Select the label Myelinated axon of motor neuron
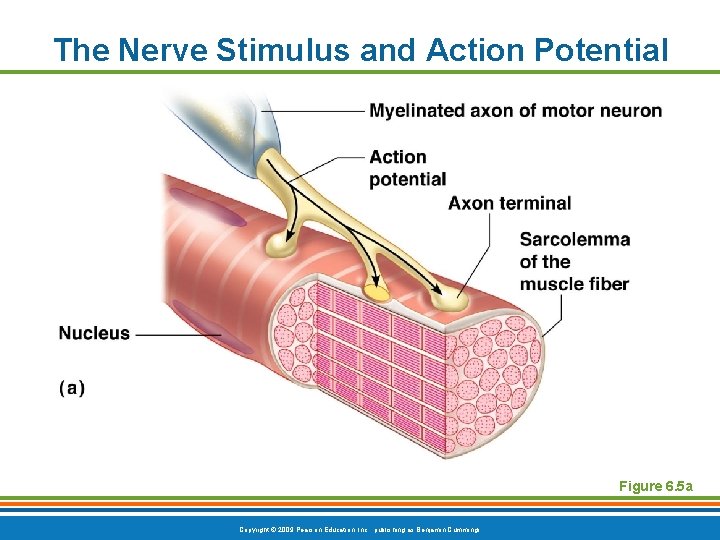pyautogui.click(x=515, y=110)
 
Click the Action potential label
pyautogui.click(x=407, y=168)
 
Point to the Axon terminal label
pyautogui.click(x=509, y=203)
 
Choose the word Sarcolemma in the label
pyautogui.click(x=574, y=239)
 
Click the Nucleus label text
pyautogui.click(x=94, y=333)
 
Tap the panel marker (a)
pyautogui.click(x=71, y=388)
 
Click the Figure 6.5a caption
pyautogui.click(x=654, y=486)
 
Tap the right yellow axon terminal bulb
pyautogui.click(x=450, y=298)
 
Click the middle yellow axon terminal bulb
pyautogui.click(x=376, y=291)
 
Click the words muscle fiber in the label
pyautogui.click(x=574, y=284)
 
